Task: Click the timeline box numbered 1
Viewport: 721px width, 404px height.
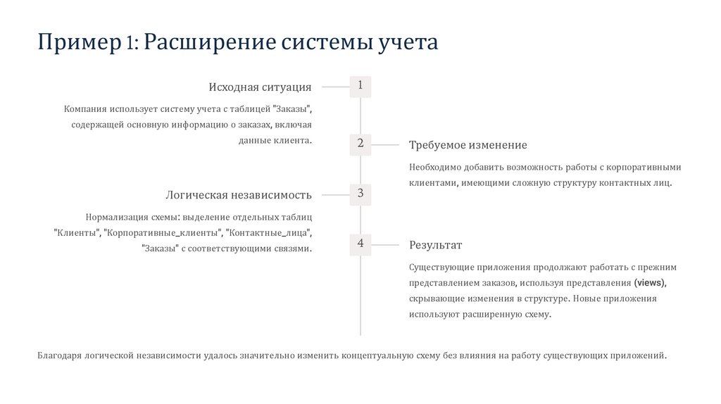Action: pos(360,86)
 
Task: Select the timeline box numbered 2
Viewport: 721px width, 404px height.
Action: pos(360,144)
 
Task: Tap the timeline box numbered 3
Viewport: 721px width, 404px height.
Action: pos(360,194)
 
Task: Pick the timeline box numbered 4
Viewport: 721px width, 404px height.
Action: pos(360,244)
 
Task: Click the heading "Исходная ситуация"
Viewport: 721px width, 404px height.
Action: pos(260,87)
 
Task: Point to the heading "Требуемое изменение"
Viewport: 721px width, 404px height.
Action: pos(468,145)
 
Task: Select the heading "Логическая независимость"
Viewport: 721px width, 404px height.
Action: pos(239,195)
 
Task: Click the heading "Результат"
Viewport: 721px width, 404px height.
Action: pos(435,245)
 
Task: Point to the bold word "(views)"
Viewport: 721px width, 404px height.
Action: pos(649,283)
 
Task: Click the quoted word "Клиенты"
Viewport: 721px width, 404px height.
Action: pos(76,232)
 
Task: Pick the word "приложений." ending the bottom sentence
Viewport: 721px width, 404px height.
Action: pos(639,355)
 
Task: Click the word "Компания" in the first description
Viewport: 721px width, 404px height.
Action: pos(84,109)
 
